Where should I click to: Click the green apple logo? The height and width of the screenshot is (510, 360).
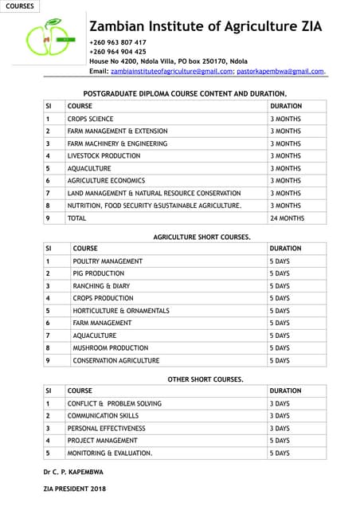pos(49,40)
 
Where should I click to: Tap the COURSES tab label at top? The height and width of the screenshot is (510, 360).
pos(19,6)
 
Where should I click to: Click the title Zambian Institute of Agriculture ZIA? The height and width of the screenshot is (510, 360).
pos(205,26)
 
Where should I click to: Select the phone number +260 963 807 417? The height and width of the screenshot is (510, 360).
pos(118,42)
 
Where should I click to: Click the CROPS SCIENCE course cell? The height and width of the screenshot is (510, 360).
pos(91,119)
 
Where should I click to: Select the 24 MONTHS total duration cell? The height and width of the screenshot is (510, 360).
pos(288,218)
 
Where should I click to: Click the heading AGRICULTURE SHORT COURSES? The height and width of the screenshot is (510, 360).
pos(202,237)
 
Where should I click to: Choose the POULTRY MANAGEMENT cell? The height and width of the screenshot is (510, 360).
pos(108,261)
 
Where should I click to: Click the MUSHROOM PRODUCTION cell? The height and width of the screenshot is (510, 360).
pos(110,348)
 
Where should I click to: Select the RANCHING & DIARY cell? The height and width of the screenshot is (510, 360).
pos(101,286)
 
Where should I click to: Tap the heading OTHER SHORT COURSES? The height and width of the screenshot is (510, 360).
pos(205,379)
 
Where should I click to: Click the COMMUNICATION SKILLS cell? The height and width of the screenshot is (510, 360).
pos(103,416)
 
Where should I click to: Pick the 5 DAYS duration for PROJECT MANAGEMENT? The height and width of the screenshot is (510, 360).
pos(280,441)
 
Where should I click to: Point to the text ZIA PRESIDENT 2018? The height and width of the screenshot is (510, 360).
pos(74,488)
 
